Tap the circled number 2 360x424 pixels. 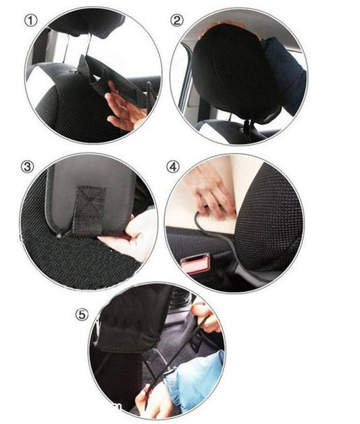click(x=177, y=20)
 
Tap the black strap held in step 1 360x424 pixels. click(x=101, y=78)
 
